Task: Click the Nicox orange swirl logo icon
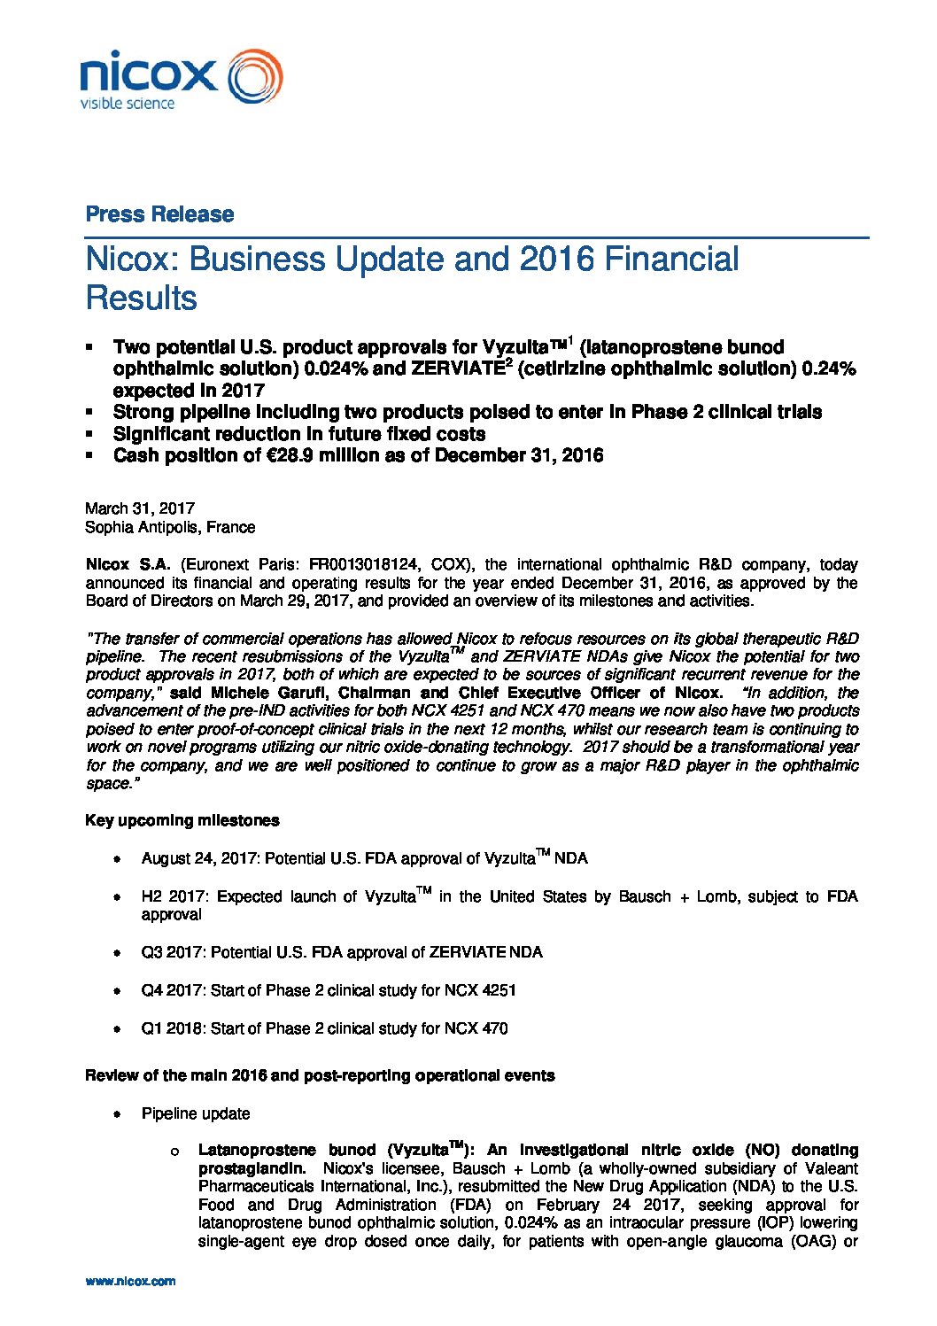(256, 76)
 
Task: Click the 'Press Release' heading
(159, 214)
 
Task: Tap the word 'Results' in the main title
(141, 299)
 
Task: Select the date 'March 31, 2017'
(140, 508)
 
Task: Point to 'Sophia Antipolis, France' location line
(170, 527)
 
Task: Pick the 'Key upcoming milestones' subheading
(182, 820)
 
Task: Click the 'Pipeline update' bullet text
(196, 1113)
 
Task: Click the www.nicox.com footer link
(130, 1281)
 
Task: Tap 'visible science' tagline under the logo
(128, 104)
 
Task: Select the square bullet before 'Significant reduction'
(89, 434)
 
